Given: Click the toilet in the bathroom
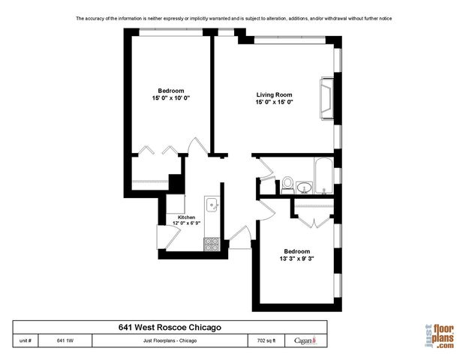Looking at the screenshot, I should pyautogui.click(x=287, y=184).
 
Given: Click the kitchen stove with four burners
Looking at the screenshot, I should pyautogui.click(x=211, y=243).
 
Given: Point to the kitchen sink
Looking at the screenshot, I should pyautogui.click(x=212, y=204).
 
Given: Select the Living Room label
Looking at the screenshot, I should pyautogui.click(x=274, y=94).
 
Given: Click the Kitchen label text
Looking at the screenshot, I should pyautogui.click(x=186, y=217).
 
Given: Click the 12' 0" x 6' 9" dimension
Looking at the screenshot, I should pyautogui.click(x=186, y=223).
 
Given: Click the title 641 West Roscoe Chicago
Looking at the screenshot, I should pyautogui.click(x=170, y=327).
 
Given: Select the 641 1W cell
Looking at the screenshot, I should pyautogui.click(x=65, y=340).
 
